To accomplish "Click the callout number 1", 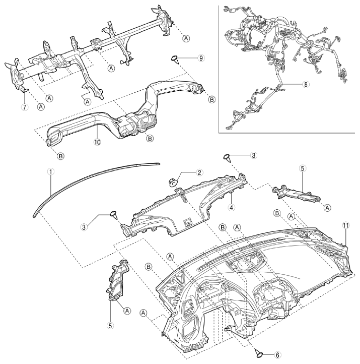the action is click(x=50, y=172).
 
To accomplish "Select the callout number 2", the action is click(x=199, y=172).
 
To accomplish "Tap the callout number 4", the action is click(x=231, y=207).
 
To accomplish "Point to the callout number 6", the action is click(x=277, y=355).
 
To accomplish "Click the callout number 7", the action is click(x=25, y=107).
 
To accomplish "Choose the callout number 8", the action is click(x=306, y=85).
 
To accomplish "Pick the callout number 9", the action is click(x=201, y=58).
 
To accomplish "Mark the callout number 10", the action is click(x=98, y=142).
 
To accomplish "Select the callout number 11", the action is click(x=345, y=225).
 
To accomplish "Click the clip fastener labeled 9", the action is click(x=175, y=59).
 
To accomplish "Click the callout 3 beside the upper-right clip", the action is click(x=254, y=155).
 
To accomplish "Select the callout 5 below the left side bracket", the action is click(x=110, y=326).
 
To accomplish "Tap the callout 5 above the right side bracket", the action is click(x=303, y=168).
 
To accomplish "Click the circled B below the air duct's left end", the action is click(x=61, y=156).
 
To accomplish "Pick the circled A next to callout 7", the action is click(x=41, y=106).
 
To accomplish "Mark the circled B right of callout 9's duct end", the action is click(x=211, y=100).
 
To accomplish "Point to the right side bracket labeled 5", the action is click(x=296, y=193).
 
